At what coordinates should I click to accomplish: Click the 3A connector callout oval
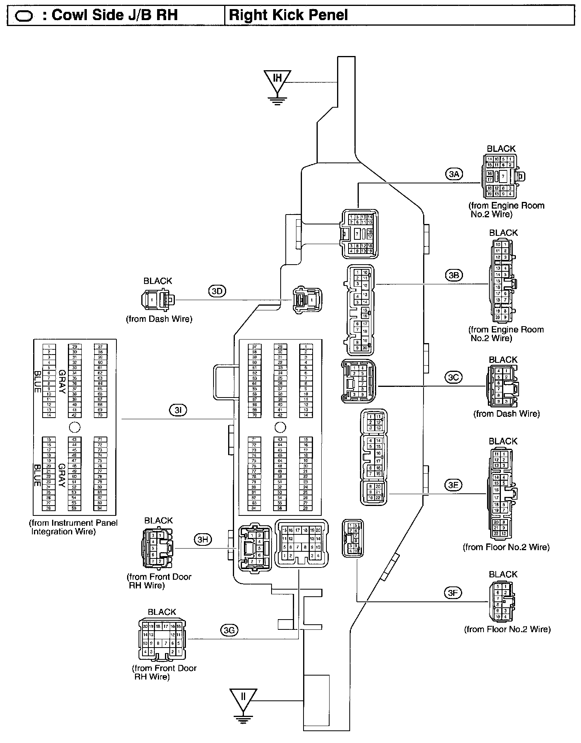coord(454,174)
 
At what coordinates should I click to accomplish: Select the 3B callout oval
coord(454,275)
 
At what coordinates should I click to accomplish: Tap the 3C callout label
coord(454,377)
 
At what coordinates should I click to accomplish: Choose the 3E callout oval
coord(453,485)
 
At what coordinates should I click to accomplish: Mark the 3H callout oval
coord(202,540)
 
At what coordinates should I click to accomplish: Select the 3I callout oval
coord(178,411)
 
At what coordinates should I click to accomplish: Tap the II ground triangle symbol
coord(243,699)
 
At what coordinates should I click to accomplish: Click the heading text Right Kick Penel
coord(289,15)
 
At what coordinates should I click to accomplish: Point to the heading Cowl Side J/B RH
coord(114,15)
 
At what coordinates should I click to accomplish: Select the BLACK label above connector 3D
coord(158,281)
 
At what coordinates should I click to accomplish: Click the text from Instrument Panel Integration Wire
coord(73,527)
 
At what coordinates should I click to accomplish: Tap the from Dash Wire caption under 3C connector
coord(506,414)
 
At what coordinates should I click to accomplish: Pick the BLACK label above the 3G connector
coord(162,612)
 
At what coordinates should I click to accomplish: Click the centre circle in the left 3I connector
coord(74,427)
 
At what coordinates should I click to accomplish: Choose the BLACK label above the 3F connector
coord(503,574)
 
